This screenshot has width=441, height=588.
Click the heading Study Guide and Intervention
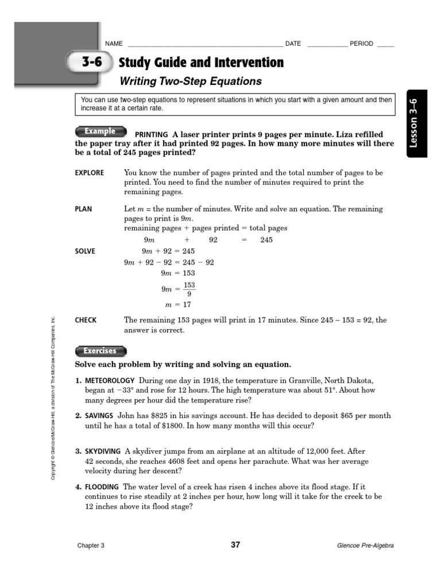coord(200,63)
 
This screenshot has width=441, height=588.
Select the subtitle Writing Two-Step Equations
coord(190,82)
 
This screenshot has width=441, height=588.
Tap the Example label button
coord(100,131)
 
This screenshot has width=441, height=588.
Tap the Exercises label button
coord(100,351)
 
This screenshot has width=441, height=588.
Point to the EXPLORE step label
coord(90,173)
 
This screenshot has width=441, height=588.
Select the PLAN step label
coord(83,209)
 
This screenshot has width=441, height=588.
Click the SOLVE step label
coord(85,252)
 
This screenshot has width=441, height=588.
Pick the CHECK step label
coord(86,320)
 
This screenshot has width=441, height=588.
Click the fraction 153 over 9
coord(189,289)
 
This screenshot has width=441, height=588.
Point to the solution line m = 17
coord(177,305)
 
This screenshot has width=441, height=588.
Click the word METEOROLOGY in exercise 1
coord(110,381)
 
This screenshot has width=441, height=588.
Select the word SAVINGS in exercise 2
coord(99,416)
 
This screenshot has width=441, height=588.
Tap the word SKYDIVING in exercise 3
coord(103,452)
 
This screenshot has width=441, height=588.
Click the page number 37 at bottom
coord(235,545)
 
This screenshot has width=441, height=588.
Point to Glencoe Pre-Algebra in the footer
coord(365,546)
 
